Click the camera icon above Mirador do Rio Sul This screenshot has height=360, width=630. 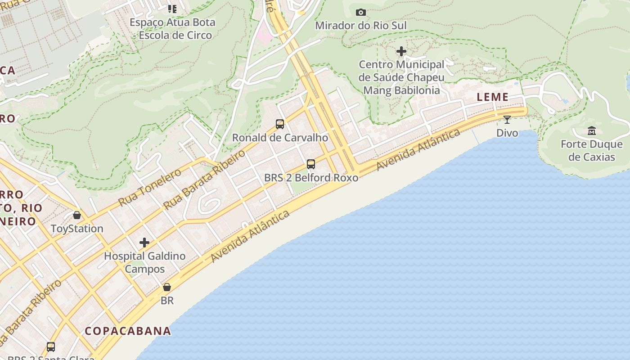(x=360, y=12)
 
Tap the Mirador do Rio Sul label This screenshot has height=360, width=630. (x=360, y=26)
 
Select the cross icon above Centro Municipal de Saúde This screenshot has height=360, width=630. (x=401, y=51)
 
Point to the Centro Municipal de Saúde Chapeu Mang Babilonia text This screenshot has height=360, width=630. (x=401, y=77)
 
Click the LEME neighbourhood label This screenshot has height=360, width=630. (x=493, y=97)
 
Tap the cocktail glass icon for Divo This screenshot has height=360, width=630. (x=507, y=120)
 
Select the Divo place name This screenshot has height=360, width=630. (x=507, y=133)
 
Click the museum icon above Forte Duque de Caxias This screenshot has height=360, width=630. (x=592, y=131)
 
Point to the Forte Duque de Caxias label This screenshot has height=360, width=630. (x=592, y=151)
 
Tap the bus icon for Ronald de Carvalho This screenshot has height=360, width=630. (x=280, y=124)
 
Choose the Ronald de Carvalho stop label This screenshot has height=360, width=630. (x=280, y=138)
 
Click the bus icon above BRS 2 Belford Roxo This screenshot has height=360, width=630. (x=311, y=164)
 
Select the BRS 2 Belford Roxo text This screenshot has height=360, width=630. (x=311, y=178)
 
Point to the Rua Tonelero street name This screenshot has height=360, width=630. (x=150, y=187)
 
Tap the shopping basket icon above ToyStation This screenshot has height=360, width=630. (x=77, y=215)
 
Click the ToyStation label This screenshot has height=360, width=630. (x=77, y=229)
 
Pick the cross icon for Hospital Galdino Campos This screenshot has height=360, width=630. (x=144, y=243)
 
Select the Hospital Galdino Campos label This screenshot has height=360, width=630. (x=144, y=262)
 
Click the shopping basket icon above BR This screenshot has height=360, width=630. (x=167, y=287)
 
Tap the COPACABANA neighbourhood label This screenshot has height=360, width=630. (x=128, y=331)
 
